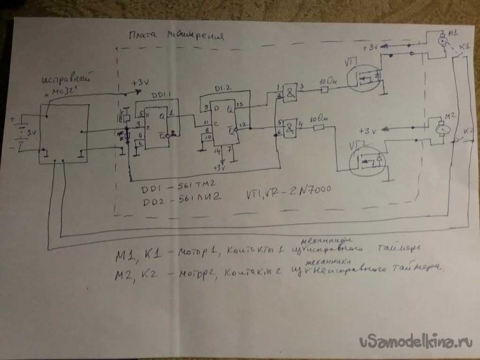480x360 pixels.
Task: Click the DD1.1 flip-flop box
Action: point(156,125)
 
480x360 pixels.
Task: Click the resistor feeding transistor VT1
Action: point(324,90)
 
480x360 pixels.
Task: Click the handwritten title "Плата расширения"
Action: point(177,36)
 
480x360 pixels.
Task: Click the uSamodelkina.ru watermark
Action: point(417,342)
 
